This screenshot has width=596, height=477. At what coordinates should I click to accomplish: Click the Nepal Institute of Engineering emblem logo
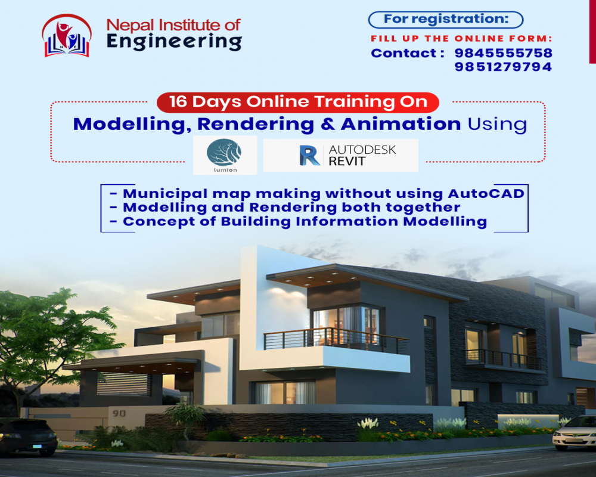[67, 36]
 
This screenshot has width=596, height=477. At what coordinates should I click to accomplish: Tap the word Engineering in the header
[174, 42]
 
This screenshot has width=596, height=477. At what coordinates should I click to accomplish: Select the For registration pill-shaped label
[445, 20]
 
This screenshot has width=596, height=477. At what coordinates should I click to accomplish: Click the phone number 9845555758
[503, 53]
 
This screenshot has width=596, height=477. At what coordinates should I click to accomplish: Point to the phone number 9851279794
[503, 67]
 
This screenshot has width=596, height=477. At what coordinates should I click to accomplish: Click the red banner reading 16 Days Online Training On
[298, 103]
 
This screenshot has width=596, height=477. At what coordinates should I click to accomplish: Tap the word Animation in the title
[401, 124]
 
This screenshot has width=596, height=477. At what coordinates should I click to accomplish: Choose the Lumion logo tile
[225, 155]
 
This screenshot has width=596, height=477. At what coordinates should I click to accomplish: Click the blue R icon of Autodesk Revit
[309, 155]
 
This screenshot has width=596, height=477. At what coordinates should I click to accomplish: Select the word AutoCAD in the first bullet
[486, 193]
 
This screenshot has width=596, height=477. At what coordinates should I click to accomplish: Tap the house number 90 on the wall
[119, 413]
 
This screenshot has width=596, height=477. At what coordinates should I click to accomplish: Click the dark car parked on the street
[28, 436]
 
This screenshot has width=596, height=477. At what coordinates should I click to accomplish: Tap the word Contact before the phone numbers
[403, 53]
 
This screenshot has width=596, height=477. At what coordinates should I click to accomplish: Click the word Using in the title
[497, 125]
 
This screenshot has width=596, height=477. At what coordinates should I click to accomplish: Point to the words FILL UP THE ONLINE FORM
[461, 38]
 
